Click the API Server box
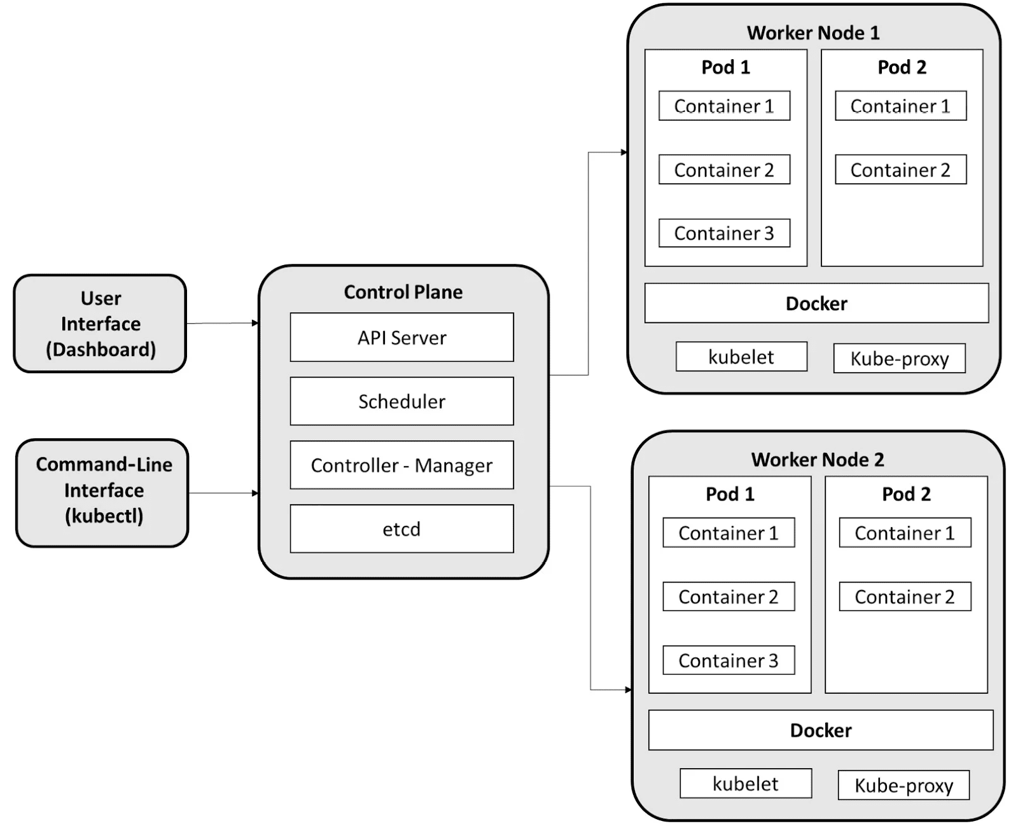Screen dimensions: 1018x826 (x=401, y=337)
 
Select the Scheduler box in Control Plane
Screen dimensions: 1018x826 (x=401, y=401)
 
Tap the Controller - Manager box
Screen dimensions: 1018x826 (x=401, y=465)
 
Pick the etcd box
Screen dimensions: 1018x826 (x=401, y=529)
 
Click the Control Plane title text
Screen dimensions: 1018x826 (x=403, y=292)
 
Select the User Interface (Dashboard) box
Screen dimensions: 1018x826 (x=100, y=324)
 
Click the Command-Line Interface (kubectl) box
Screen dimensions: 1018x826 (x=102, y=493)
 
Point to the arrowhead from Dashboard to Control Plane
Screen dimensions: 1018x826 (x=255, y=323)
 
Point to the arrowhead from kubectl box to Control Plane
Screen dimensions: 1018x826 (x=255, y=493)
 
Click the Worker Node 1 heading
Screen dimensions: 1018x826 (x=813, y=33)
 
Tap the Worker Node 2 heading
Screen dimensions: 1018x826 (x=818, y=460)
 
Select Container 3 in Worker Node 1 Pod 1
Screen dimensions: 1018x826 (x=724, y=233)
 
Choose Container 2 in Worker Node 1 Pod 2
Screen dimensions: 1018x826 (x=900, y=170)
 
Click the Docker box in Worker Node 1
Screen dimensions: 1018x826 (x=816, y=303)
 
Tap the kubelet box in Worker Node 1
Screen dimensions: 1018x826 (x=741, y=356)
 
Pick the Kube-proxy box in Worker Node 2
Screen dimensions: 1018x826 (x=903, y=785)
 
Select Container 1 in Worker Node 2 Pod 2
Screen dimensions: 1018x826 (x=905, y=533)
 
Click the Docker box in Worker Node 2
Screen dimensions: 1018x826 (x=821, y=730)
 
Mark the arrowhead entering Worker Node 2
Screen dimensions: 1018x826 (x=628, y=690)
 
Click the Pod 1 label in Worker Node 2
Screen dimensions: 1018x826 (x=730, y=494)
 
